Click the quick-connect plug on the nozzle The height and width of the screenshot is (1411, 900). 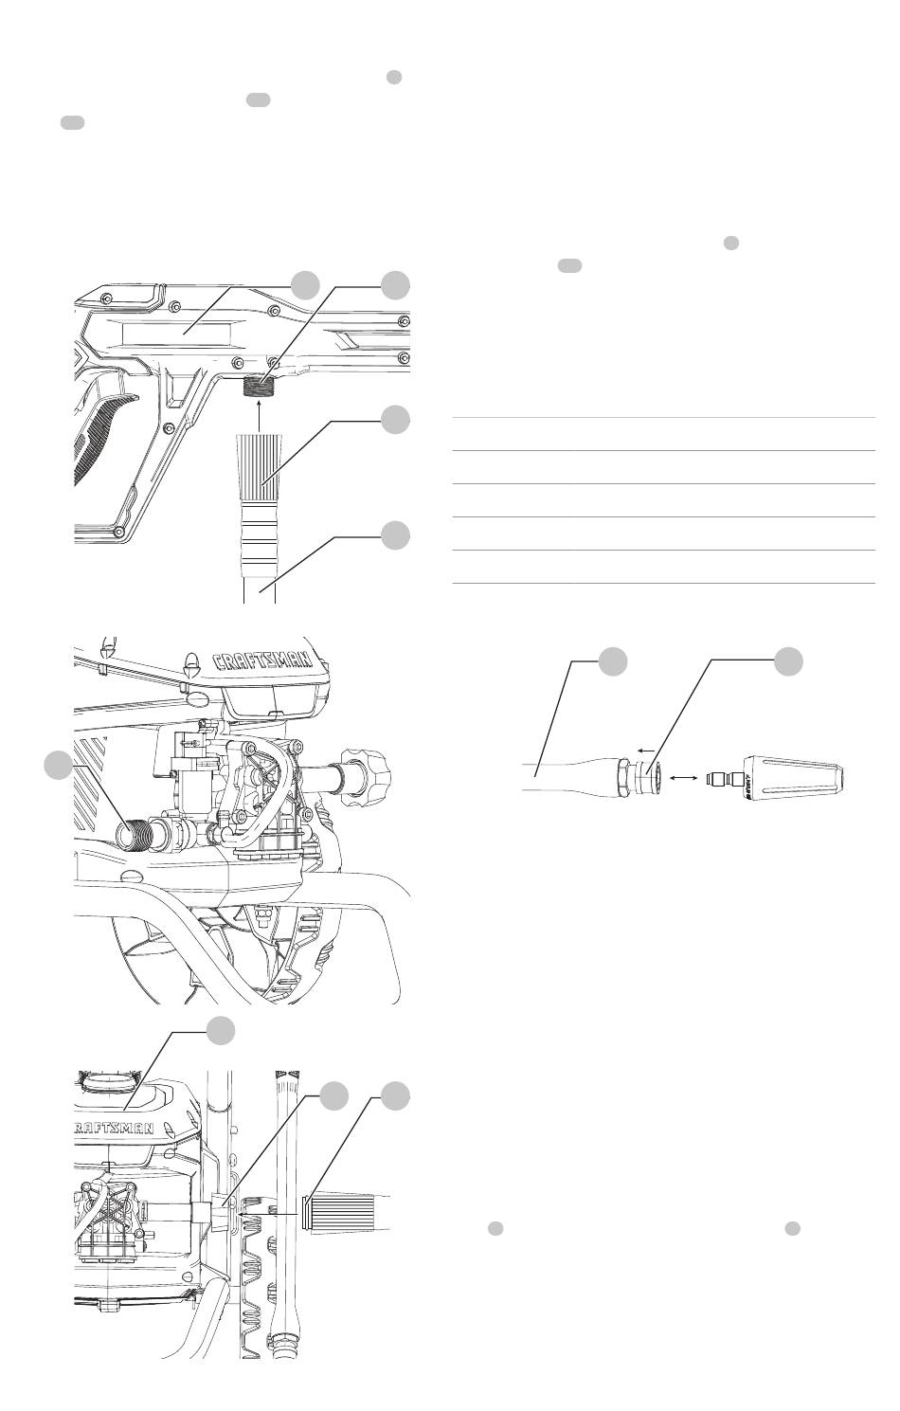[724, 778]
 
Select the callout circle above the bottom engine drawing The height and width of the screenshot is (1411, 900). [222, 1030]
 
